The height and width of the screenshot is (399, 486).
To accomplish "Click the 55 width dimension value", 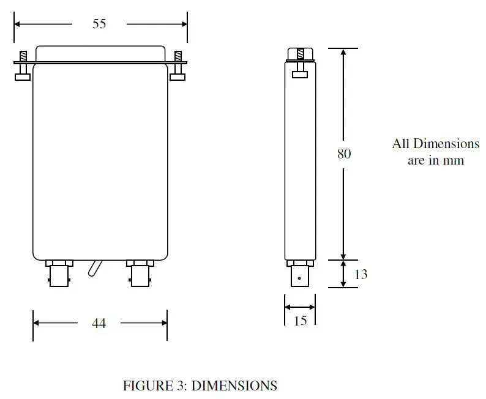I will click(x=99, y=24).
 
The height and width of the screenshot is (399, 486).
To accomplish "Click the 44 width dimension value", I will click(x=99, y=323).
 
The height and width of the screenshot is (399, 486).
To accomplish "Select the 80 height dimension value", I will click(x=344, y=154).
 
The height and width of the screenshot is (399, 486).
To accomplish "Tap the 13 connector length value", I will click(x=361, y=274).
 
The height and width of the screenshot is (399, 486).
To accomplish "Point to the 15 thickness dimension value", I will click(x=300, y=320).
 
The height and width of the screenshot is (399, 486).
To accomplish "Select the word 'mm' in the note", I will click(x=454, y=160).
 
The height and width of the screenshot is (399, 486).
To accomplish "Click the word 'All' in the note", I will click(x=401, y=144).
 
